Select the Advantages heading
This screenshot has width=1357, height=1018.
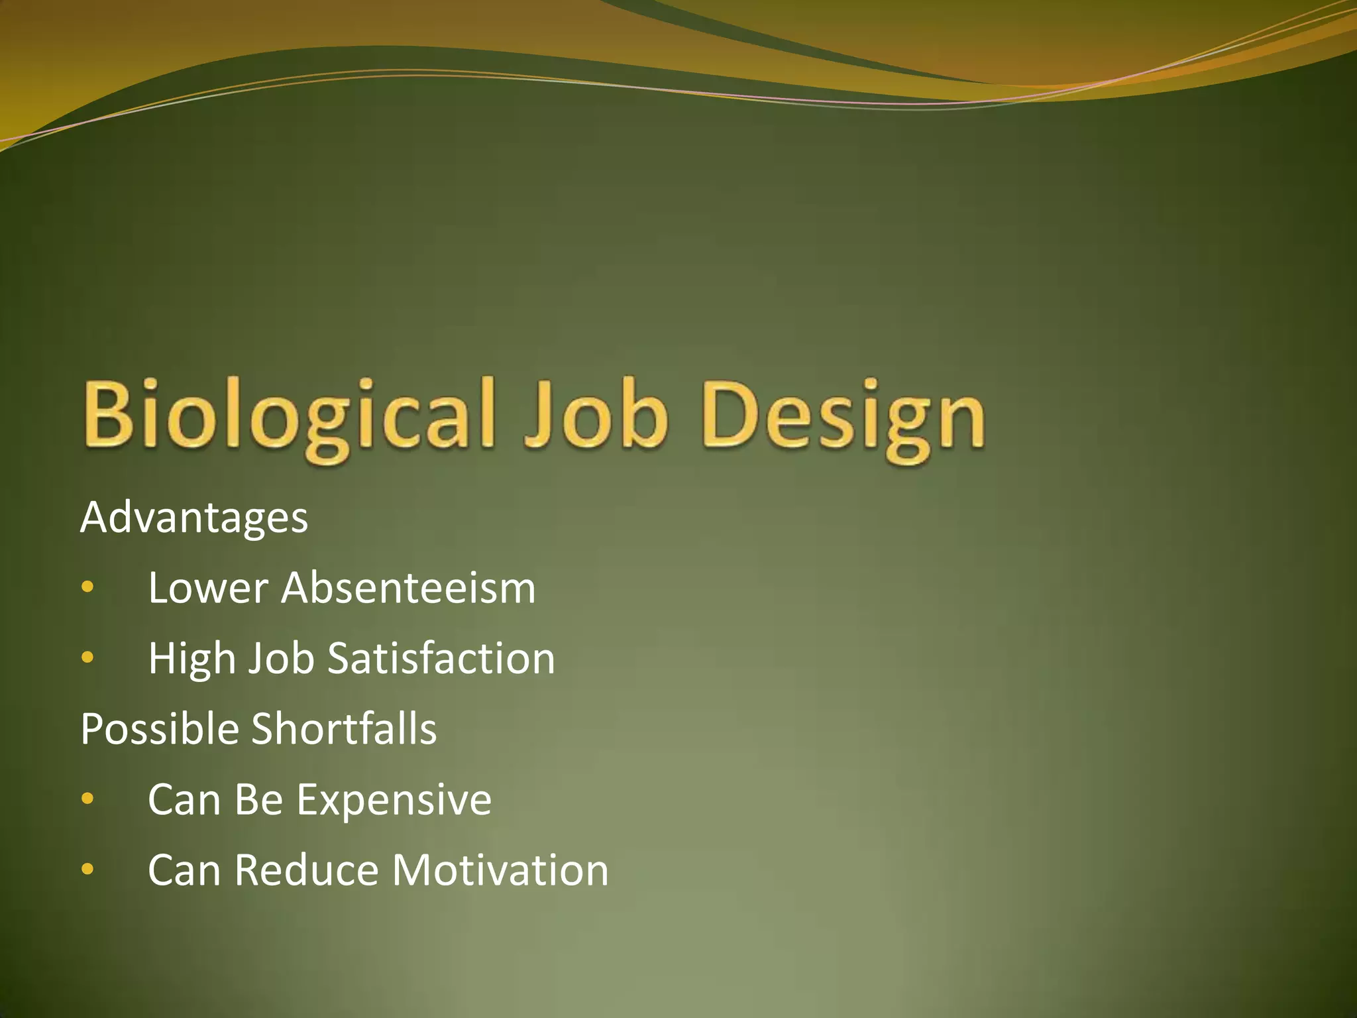pos(194,518)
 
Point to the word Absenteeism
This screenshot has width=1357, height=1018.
pos(408,588)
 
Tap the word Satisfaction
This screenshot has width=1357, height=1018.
pos(441,659)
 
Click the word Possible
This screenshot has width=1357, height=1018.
pos(160,729)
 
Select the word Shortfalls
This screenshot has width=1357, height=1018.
pos(344,729)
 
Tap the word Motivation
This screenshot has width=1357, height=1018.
pos(500,870)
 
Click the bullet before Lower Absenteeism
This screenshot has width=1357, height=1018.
pos(87,587)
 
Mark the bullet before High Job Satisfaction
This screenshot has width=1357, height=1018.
pos(87,657)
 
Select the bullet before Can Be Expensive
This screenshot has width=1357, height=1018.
pos(87,799)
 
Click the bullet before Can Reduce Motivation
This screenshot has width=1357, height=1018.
pos(87,869)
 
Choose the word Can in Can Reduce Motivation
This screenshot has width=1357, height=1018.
pos(184,870)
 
